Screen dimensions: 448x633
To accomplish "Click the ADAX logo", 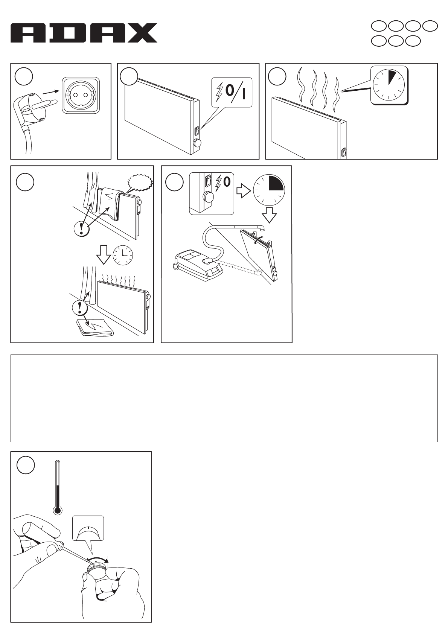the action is pos(84,33).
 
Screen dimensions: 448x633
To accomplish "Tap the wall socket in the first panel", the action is pos(81,96).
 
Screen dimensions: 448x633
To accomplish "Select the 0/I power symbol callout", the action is pos(232,93).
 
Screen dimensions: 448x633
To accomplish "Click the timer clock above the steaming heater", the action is pos(390,85).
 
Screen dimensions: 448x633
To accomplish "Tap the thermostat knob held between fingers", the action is pos(97,570).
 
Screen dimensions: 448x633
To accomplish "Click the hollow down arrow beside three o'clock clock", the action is pos(104,254).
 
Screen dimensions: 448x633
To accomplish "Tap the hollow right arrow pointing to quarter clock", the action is pos(243,191).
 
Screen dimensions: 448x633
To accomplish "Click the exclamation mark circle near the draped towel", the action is pos(82,228).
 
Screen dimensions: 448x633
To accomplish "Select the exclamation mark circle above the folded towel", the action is pos(80,307).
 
